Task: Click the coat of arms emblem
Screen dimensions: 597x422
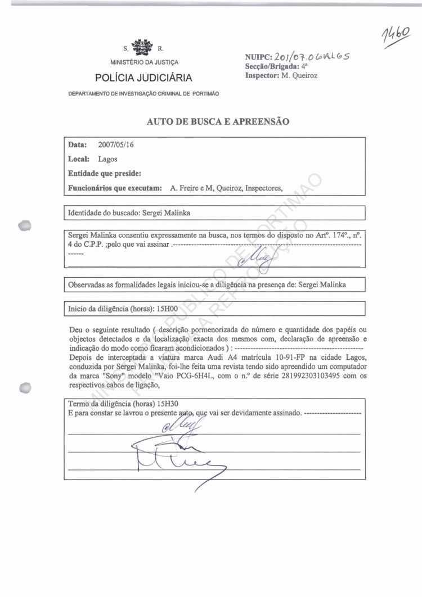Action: coord(140,46)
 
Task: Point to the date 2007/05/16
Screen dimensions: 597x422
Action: coord(116,144)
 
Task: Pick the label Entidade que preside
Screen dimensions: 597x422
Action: coord(104,174)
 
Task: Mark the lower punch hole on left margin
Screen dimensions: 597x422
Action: coord(24,388)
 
